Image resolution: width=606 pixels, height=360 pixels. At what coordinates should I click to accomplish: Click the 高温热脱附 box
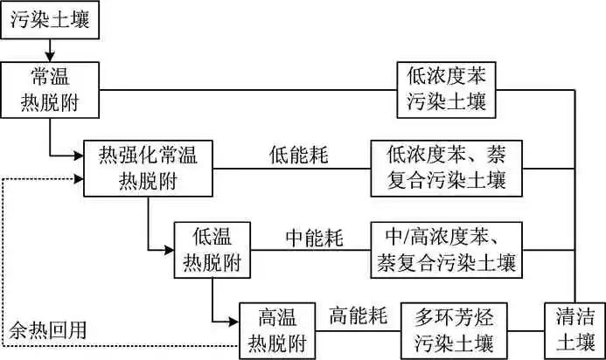279,329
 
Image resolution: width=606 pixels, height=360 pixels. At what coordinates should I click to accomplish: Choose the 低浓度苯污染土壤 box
445,89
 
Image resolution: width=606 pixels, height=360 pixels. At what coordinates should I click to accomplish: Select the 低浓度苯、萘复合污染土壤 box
445,167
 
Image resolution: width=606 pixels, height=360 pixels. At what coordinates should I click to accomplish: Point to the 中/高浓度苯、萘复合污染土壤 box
446,249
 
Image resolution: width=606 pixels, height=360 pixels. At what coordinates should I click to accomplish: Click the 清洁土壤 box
574,329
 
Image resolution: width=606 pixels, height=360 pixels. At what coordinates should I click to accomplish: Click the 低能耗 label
298,156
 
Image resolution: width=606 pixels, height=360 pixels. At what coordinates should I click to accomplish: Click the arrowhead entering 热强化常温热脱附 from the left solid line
78,156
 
